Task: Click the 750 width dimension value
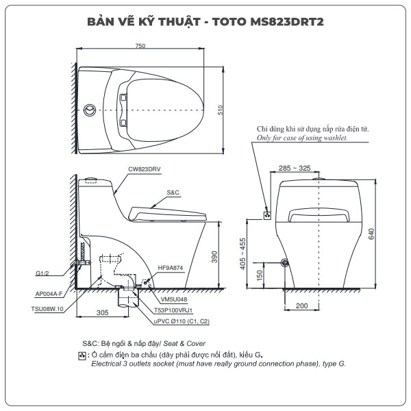[140, 46]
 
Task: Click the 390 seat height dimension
[214, 257]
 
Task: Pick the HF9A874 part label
[170, 268]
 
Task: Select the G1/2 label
[42, 273]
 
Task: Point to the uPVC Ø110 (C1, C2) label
[182, 320]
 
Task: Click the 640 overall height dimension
[373, 233]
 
